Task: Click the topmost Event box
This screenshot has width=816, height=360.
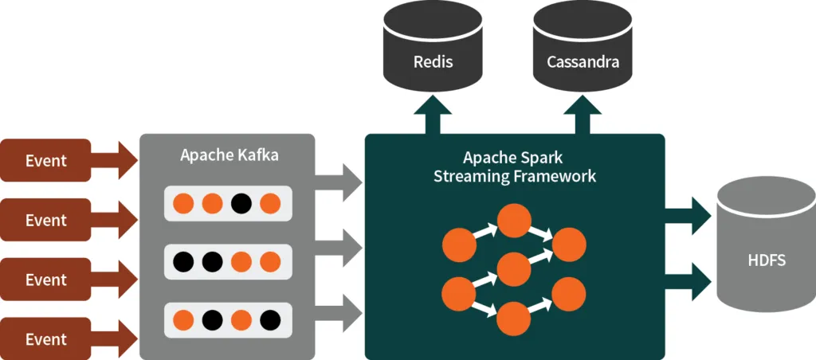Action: pyautogui.click(x=46, y=160)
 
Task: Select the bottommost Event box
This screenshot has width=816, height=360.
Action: pyautogui.click(x=46, y=339)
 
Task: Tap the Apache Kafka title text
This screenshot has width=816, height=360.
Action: pyautogui.click(x=229, y=155)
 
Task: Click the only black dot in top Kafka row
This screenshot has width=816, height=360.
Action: pyautogui.click(x=241, y=203)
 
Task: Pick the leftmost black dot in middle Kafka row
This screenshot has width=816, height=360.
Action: pyautogui.click(x=183, y=260)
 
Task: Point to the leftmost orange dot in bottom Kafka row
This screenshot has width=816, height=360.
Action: pyautogui.click(x=183, y=320)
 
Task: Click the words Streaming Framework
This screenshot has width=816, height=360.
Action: pyautogui.click(x=514, y=176)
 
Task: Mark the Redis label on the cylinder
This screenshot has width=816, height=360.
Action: pyautogui.click(x=433, y=61)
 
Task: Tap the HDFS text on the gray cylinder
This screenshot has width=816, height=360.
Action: pyautogui.click(x=766, y=260)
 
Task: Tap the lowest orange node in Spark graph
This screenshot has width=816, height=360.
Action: pyautogui.click(x=514, y=319)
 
